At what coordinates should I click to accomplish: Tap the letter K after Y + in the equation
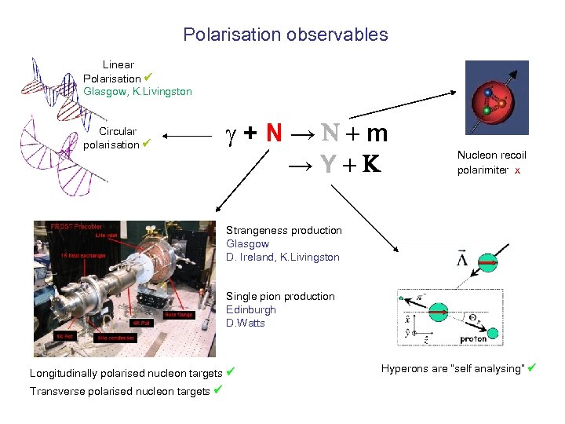371,163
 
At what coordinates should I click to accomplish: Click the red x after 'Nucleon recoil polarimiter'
517,170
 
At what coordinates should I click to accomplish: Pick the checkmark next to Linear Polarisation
148,77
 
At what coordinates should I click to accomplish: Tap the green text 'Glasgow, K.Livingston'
137,91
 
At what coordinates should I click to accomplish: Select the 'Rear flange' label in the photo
179,314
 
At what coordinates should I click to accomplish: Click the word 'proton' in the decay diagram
474,340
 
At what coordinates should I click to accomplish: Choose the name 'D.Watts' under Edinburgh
246,323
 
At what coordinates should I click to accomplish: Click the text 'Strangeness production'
284,230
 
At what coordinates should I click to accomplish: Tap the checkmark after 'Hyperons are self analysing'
532,367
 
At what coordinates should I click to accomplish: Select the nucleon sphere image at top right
496,98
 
